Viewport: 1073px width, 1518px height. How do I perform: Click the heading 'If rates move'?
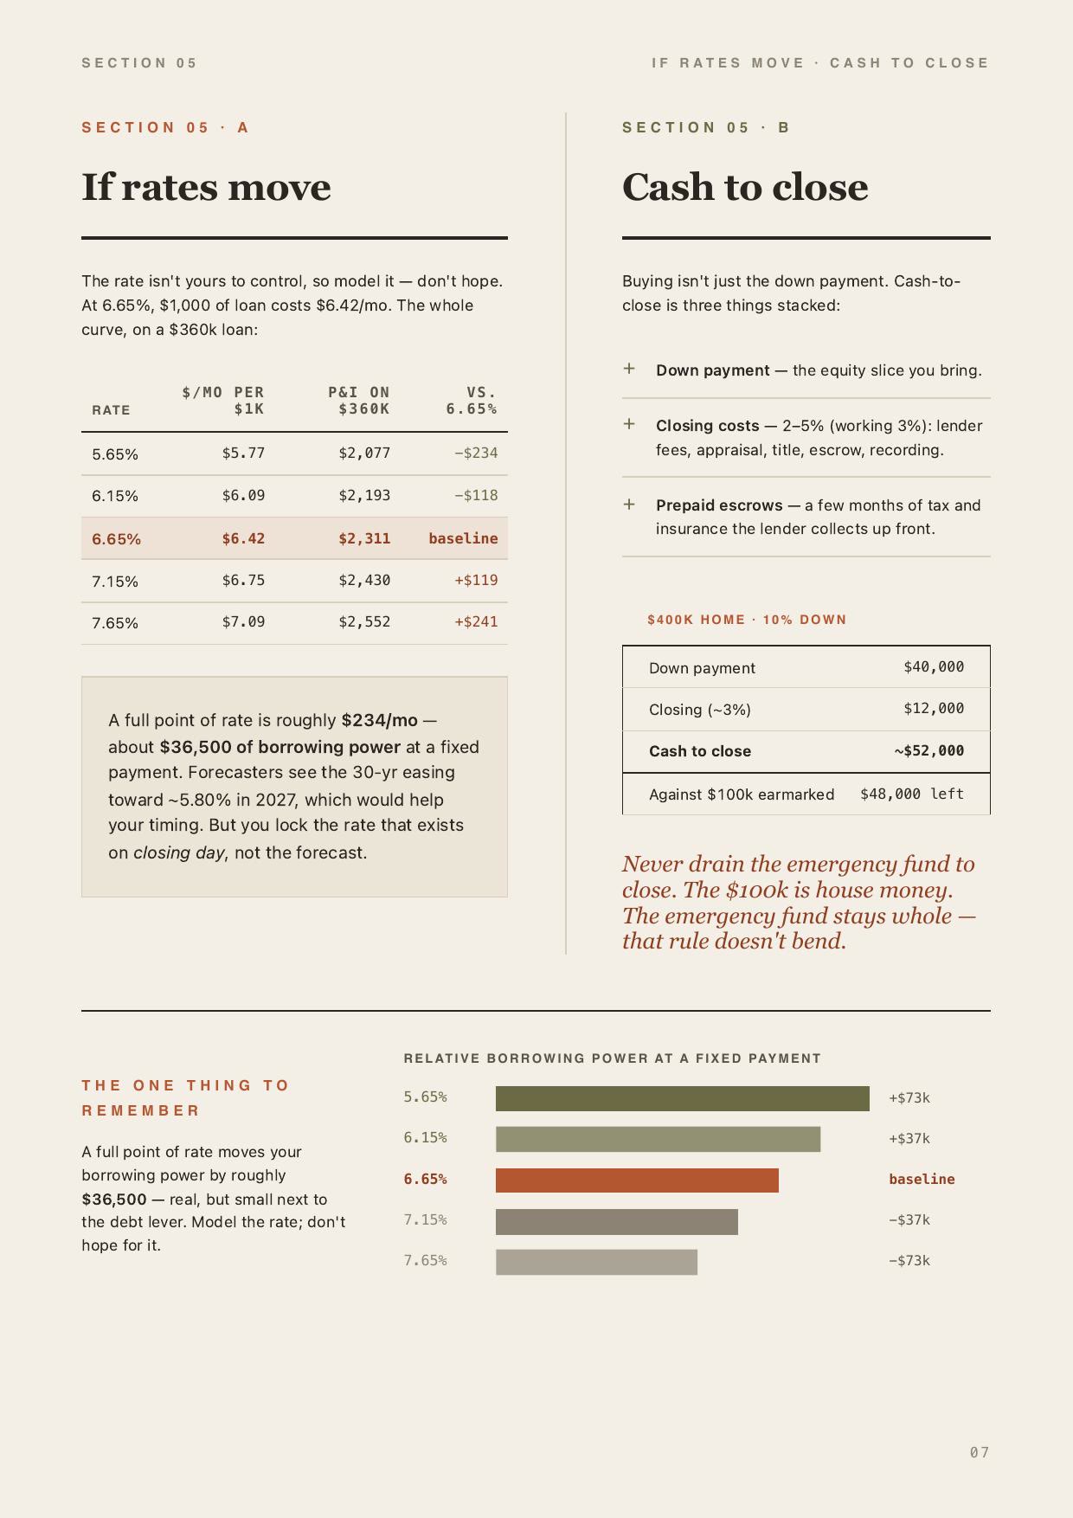[206, 187]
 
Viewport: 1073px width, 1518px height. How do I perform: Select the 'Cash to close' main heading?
[745, 187]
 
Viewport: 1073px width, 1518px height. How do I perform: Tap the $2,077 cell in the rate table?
[364, 453]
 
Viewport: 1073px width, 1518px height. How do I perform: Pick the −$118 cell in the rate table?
[476, 495]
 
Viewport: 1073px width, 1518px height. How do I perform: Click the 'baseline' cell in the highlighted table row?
[463, 538]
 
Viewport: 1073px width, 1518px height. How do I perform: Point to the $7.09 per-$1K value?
[243, 621]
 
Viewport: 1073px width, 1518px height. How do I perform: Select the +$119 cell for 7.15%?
[476, 580]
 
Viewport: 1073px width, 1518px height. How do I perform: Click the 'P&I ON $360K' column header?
[359, 401]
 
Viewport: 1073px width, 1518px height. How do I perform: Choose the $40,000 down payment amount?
[934, 666]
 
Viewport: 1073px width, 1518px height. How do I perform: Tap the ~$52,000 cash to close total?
[929, 750]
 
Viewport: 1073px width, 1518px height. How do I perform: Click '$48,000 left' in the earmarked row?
[912, 794]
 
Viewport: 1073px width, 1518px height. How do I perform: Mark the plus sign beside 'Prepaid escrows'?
[629, 504]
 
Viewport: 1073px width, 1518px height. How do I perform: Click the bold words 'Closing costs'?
[707, 426]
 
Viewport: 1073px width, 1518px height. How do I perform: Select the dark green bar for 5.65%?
[683, 1098]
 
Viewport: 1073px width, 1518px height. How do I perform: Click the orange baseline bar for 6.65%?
[637, 1180]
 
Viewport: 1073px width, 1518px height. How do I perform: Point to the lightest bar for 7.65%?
[596, 1262]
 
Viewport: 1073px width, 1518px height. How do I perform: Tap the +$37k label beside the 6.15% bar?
[909, 1139]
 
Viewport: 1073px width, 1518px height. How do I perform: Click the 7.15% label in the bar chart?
[426, 1219]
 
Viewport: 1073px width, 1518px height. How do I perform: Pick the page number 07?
[980, 1452]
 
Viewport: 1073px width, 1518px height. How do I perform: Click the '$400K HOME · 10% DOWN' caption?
[747, 620]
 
